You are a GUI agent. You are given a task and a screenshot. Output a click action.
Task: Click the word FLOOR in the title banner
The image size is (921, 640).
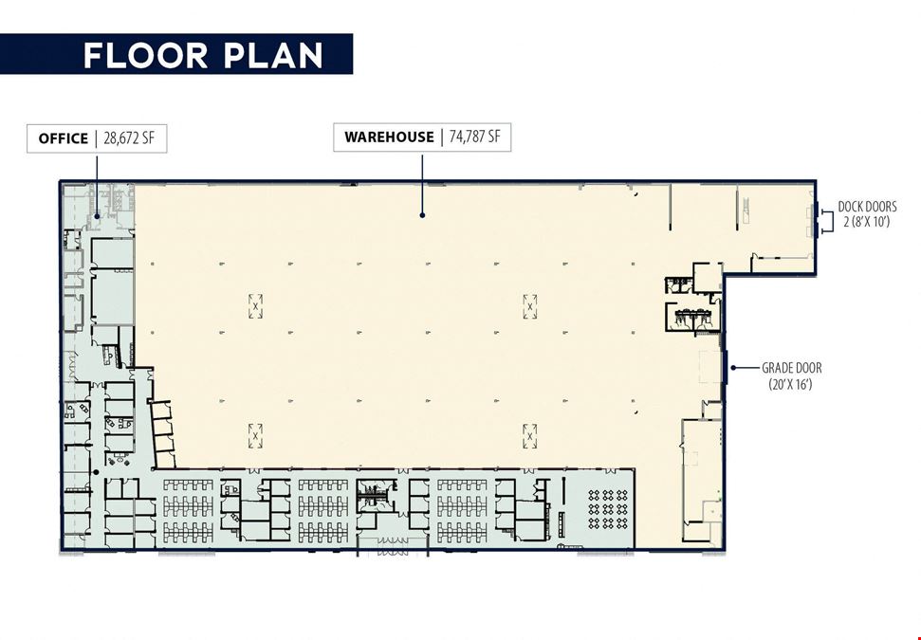point(145,55)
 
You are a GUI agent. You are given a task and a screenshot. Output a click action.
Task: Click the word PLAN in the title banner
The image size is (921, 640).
point(272,55)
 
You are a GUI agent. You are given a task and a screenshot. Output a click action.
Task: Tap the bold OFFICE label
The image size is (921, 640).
point(63,138)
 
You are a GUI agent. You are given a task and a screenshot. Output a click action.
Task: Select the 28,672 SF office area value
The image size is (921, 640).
point(129,138)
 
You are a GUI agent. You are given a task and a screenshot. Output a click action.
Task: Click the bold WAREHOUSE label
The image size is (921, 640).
point(389,137)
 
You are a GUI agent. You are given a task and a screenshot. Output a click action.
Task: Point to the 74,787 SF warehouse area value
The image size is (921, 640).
point(474,137)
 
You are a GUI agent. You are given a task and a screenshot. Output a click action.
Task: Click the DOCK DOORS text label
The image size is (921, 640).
point(867,207)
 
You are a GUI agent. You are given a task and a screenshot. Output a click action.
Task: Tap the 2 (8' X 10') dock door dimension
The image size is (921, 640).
point(867,221)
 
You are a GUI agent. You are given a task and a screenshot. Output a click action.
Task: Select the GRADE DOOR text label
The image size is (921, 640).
point(792,368)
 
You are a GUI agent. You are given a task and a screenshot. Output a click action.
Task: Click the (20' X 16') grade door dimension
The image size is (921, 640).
point(791,385)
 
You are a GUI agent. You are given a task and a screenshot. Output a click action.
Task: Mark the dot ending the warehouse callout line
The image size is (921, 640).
point(422,215)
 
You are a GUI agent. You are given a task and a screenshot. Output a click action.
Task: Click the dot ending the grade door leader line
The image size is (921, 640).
point(733,368)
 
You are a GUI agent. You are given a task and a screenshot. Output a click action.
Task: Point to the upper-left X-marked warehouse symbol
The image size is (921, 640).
point(255,306)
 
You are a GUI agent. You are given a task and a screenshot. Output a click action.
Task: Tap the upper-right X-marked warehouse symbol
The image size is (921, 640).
point(530,306)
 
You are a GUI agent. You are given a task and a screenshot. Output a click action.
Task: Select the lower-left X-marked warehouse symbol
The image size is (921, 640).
point(255,436)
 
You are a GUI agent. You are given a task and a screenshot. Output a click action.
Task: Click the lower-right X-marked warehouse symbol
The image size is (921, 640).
point(530,436)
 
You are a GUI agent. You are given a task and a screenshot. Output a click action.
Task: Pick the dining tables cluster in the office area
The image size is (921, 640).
point(608,509)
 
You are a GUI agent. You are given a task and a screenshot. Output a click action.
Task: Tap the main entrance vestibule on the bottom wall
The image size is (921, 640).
point(393,546)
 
